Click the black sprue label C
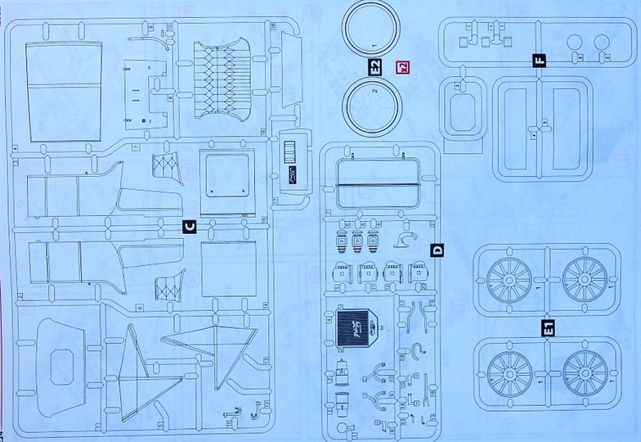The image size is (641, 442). coord(189,227)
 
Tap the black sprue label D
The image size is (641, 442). coord(436,250)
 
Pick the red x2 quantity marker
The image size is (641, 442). coord(401,70)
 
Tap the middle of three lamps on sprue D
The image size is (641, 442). coord(357,243)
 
